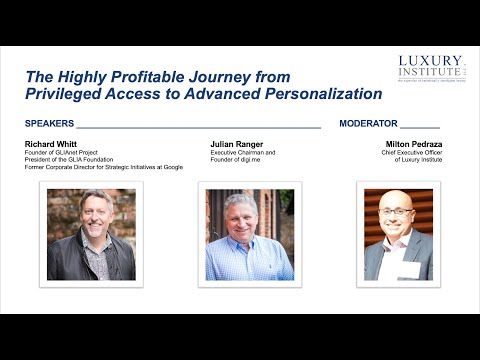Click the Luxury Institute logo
[430, 71]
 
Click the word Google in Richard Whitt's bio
[182, 166]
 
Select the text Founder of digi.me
[235, 159]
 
